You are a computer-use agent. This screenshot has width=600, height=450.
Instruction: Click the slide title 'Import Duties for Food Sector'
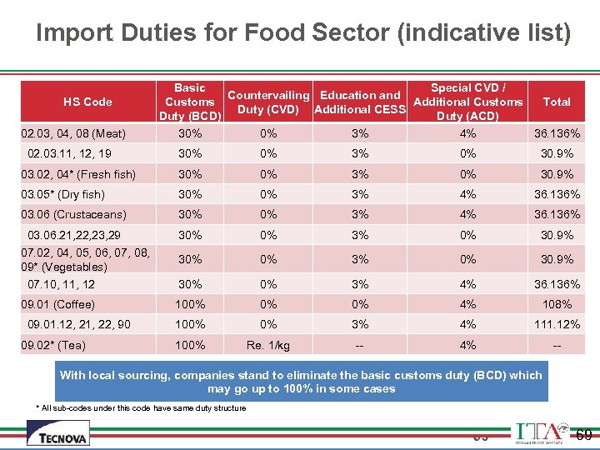click(303, 32)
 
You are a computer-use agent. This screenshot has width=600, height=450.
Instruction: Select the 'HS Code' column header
click(87, 102)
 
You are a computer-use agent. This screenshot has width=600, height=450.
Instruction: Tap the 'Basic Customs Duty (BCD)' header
click(190, 102)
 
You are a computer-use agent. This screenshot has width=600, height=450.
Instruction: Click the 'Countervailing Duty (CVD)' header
click(268, 102)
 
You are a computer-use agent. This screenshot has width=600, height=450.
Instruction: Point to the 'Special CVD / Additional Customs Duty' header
click(467, 102)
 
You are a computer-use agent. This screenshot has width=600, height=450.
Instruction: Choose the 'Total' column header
click(556, 102)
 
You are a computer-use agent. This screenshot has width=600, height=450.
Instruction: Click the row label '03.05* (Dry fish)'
click(63, 194)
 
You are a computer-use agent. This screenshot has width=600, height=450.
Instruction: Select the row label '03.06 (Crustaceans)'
click(74, 215)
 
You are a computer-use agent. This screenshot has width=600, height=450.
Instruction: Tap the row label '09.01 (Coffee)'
click(58, 304)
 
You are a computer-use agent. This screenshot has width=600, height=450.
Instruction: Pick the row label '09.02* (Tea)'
click(54, 345)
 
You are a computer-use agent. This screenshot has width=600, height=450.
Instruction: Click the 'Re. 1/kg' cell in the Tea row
click(268, 345)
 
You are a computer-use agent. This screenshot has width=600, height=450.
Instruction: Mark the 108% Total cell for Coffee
click(556, 304)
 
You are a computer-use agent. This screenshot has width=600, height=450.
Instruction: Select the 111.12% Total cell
click(556, 324)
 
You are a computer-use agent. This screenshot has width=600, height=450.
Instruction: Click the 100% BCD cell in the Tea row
click(190, 345)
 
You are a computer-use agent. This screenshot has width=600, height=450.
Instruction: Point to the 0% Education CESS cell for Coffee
click(359, 304)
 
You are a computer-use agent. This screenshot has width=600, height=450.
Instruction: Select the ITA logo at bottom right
click(542, 433)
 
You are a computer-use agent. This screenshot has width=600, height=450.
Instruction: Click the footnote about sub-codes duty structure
click(141, 407)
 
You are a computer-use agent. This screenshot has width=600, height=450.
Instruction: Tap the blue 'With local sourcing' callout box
click(301, 382)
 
